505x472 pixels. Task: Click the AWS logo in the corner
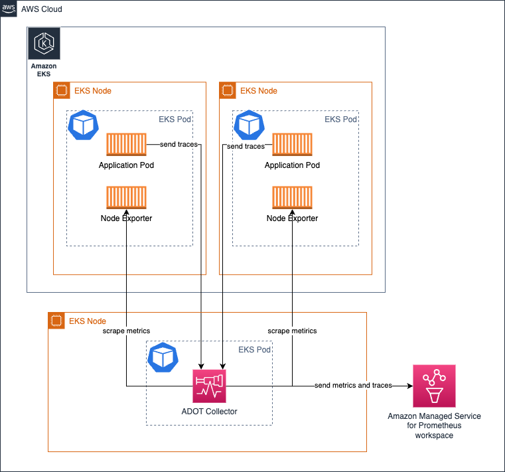point(9,9)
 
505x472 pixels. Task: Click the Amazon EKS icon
point(44,44)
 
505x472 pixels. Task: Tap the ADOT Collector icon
point(209,386)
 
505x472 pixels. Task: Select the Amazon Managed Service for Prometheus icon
point(434,386)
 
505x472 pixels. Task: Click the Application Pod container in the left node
point(126,144)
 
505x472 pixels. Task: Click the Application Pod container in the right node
point(292,144)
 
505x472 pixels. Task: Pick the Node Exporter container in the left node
point(126,198)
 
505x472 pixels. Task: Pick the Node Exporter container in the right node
point(292,198)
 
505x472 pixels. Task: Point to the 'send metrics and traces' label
point(353,385)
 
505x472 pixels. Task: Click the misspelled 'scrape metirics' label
point(292,331)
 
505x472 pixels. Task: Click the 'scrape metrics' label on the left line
point(126,331)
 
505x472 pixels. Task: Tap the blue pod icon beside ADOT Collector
point(163,358)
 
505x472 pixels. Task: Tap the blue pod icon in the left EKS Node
point(84,125)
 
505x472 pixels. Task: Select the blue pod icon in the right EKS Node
point(250,125)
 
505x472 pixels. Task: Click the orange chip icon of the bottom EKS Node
point(56,321)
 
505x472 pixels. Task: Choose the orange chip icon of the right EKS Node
point(228,90)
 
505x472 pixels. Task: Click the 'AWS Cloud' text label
point(42,9)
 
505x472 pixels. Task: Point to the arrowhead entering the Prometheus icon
point(410,386)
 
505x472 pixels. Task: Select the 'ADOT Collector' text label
point(209,412)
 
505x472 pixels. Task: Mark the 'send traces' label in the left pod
point(179,144)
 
